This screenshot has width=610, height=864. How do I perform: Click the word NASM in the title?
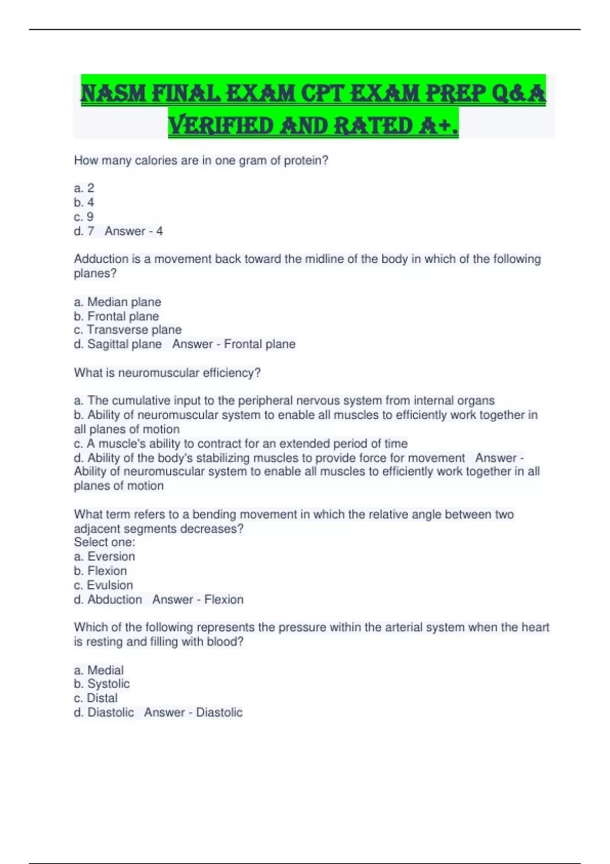point(113,94)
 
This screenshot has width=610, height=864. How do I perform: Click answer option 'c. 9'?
point(84,217)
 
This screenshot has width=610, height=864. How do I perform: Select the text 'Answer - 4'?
point(134,231)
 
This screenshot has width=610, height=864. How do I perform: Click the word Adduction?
point(101,259)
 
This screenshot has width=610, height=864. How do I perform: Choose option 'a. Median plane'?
point(117,302)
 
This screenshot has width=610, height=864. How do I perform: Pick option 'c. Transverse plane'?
point(128,330)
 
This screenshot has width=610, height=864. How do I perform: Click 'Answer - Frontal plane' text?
point(234,344)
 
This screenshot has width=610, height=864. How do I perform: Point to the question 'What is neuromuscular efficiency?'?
point(167,373)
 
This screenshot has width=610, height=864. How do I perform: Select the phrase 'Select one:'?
point(105,542)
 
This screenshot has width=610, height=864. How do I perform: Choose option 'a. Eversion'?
point(104,557)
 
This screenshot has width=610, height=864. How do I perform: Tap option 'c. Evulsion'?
point(103,585)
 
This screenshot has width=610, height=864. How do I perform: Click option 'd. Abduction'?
point(108,600)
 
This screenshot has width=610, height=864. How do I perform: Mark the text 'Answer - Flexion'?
point(198,600)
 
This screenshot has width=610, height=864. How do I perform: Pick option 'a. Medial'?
point(99,670)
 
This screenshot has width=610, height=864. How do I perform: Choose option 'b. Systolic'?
point(102,684)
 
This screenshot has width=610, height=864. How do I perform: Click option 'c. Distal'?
point(96,698)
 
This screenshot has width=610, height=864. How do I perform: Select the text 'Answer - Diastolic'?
point(193,713)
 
